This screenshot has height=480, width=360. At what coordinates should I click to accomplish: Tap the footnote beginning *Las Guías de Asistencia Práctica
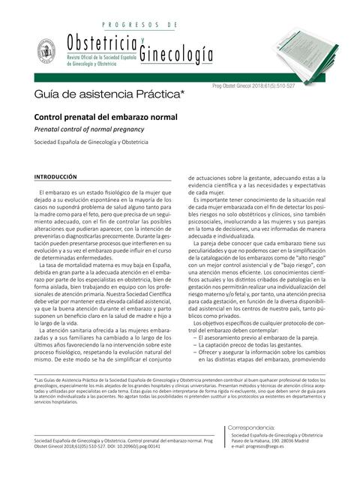tap(90, 381)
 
